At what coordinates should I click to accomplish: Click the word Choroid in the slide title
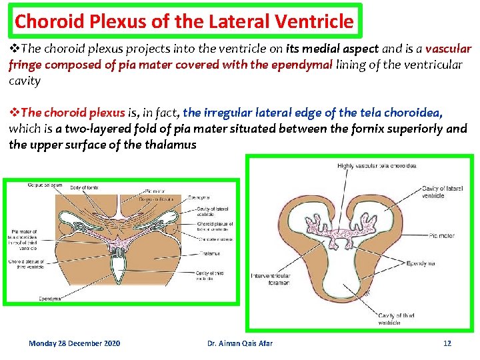click(41, 21)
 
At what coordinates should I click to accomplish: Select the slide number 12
click(447, 343)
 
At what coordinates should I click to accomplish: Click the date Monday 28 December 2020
click(75, 343)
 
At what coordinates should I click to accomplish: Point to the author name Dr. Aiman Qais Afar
click(240, 343)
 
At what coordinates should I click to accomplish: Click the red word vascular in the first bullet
click(448, 49)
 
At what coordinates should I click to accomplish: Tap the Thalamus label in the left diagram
click(209, 253)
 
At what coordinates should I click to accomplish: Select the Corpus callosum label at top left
click(45, 185)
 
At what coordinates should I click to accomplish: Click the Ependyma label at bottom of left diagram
click(51, 298)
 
